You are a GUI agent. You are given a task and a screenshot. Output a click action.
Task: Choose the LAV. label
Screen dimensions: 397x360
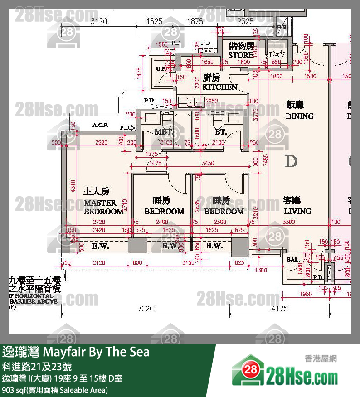pyautogui.click(x=276, y=54)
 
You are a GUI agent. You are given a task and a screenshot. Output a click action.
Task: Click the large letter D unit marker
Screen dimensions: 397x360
pyautogui.click(x=291, y=161)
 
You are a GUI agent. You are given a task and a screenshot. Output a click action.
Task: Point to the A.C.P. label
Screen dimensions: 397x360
pyautogui.click(x=100, y=126)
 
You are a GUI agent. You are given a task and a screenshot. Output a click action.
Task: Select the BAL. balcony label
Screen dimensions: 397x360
pyautogui.click(x=292, y=260)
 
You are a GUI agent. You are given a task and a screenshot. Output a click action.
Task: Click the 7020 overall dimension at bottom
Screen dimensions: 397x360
pyautogui.click(x=146, y=309)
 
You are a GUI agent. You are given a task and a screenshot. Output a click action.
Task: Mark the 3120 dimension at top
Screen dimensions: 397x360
pyautogui.click(x=99, y=21)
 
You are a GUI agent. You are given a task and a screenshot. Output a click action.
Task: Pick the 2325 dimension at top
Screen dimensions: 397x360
pyautogui.click(x=245, y=21)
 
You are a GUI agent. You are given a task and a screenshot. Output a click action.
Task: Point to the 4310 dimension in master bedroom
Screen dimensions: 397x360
pyautogui.click(x=74, y=187)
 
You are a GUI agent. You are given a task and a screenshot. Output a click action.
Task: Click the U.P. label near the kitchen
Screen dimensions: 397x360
pyautogui.click(x=161, y=69)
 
